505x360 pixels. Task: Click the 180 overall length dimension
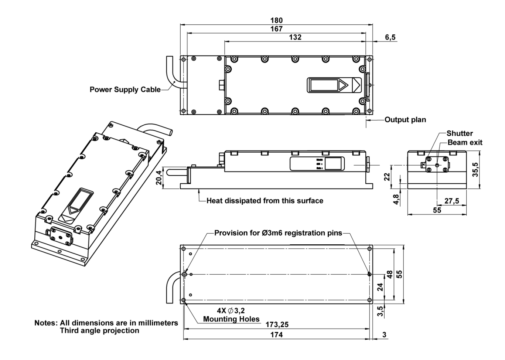(276, 20)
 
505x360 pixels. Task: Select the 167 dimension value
(276, 29)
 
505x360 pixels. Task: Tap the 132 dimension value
(295, 37)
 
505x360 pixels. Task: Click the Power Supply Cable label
(125, 89)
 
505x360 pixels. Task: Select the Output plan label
(405, 120)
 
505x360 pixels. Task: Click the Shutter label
(460, 133)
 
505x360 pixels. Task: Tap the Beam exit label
(465, 143)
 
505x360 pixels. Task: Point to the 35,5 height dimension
(475, 170)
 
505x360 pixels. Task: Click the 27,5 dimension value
(451, 201)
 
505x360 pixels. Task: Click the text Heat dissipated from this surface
(265, 201)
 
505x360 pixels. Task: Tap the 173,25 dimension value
(277, 325)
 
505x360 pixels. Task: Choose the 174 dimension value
(276, 334)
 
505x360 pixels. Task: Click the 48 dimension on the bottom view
(389, 275)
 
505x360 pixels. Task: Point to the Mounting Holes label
(231, 319)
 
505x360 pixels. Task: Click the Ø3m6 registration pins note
(278, 233)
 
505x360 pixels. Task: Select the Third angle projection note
(100, 330)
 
